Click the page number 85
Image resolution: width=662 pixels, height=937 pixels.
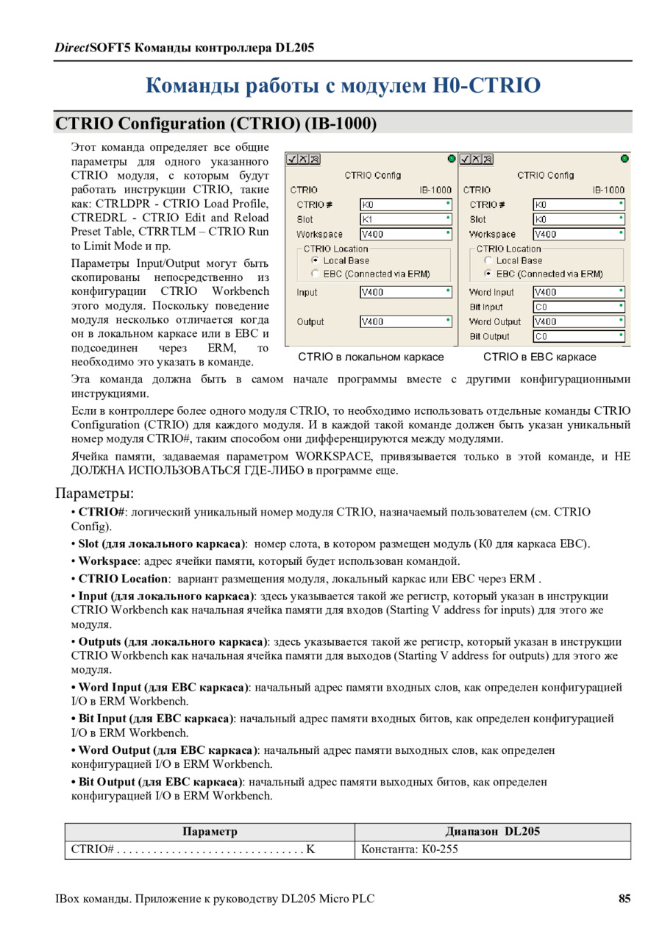pyautogui.click(x=624, y=899)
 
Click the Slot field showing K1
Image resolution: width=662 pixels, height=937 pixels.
pyautogui.click(x=405, y=219)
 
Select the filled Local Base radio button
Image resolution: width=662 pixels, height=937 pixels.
pyautogui.click(x=315, y=260)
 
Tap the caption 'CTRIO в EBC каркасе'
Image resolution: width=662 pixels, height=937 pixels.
pyautogui.click(x=539, y=357)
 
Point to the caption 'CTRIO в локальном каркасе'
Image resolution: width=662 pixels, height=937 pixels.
pyautogui.click(x=371, y=357)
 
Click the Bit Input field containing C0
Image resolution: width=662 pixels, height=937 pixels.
pyautogui.click(x=578, y=307)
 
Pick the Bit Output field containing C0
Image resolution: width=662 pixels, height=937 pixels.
pyautogui.click(x=578, y=336)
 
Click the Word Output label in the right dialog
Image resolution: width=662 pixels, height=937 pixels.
pyautogui.click(x=495, y=321)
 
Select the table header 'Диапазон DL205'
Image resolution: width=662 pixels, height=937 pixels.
pyautogui.click(x=492, y=831)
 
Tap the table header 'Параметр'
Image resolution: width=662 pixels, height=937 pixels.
pyautogui.click(x=210, y=831)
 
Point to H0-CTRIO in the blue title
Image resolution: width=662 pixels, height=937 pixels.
pyautogui.click(x=486, y=85)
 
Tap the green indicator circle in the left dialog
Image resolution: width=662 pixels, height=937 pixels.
pyautogui.click(x=451, y=158)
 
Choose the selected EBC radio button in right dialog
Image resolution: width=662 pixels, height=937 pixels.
pyautogui.click(x=488, y=274)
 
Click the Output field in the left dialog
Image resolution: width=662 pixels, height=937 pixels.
pyautogui.click(x=405, y=321)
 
